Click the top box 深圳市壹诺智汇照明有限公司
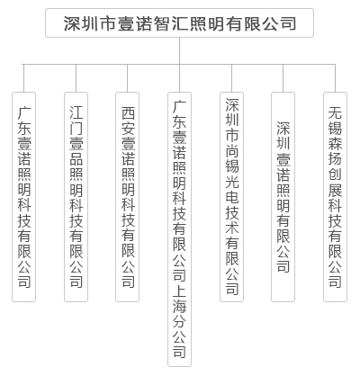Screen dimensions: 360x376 (179, 23)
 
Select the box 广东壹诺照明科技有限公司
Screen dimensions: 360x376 (23, 197)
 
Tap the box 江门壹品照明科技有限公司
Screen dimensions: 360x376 (76, 197)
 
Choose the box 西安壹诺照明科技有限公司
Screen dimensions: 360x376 (128, 197)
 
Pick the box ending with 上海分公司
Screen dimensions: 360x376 (179, 229)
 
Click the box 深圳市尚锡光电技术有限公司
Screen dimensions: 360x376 (231, 197)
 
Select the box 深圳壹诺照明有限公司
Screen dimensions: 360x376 (283, 197)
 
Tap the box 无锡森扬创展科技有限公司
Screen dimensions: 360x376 (335, 197)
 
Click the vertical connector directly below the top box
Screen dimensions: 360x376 (179, 50)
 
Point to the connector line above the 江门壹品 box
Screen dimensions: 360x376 (76, 78)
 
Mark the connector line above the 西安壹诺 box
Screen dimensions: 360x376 (128, 78)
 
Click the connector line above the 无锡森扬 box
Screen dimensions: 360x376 (335, 78)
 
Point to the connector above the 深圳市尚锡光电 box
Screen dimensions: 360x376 (231, 78)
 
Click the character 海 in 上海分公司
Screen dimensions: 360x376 (179, 306)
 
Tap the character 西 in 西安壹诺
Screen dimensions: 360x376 (128, 112)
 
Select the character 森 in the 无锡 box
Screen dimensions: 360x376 (335, 143)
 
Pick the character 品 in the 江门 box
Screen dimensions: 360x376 (76, 158)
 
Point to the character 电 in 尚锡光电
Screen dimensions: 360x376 (232, 196)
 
